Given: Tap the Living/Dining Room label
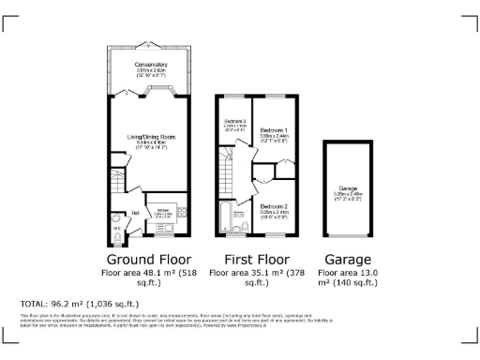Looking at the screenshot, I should coord(152,137).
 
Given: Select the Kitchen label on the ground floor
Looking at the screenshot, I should coord(162,209).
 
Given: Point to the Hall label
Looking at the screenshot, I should coord(136,213).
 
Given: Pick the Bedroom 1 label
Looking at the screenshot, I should coord(274,128).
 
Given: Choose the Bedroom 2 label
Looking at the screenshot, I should coord(274,205).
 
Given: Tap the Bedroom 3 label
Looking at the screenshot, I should coord(233,122).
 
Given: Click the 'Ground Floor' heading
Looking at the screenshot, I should coord(149,259).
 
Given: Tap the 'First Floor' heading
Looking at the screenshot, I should coord(255,259).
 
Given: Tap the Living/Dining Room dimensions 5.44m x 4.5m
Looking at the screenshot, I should coord(152,142).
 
